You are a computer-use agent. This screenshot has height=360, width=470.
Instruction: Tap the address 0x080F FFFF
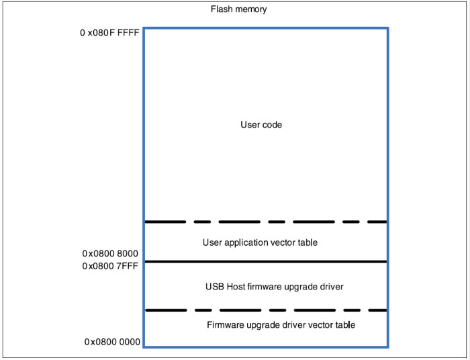[109, 31]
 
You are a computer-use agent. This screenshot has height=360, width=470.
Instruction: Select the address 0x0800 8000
[110, 254]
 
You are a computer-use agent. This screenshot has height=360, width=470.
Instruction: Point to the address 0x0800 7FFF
[110, 266]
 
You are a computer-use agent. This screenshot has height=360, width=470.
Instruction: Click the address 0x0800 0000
[112, 342]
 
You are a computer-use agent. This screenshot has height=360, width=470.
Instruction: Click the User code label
[261, 125]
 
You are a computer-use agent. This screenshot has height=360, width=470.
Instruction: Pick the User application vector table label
[260, 242]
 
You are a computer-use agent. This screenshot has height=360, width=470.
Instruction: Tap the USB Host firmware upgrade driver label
[274, 287]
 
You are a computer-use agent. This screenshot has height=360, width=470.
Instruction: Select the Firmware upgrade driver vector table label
[281, 325]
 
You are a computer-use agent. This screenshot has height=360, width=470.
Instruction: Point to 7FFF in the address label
[128, 266]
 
